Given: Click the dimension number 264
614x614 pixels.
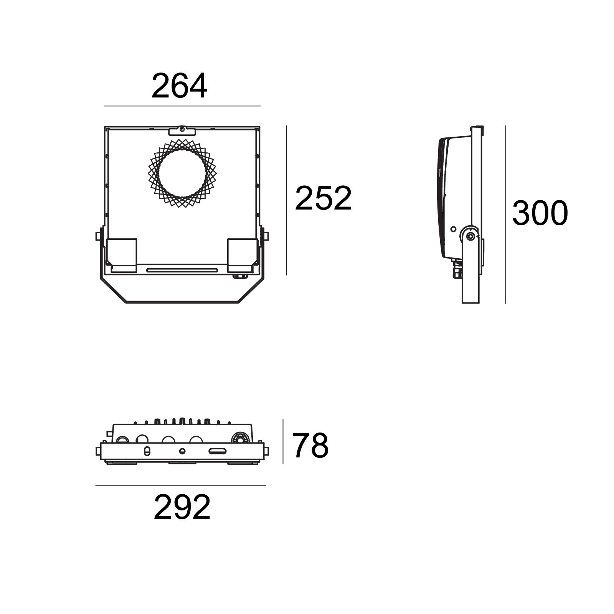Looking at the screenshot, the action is pyautogui.click(x=179, y=86).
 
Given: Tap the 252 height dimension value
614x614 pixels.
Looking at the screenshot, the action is pyautogui.click(x=323, y=198).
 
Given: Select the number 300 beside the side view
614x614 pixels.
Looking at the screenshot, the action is pyautogui.click(x=540, y=213).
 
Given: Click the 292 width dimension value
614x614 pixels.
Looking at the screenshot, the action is pyautogui.click(x=182, y=507).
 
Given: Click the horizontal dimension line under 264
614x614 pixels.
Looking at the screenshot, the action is pyautogui.click(x=182, y=106).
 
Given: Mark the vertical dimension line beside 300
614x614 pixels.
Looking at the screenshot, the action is pyautogui.click(x=505, y=215).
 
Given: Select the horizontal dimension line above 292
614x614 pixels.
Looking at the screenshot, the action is pyautogui.click(x=181, y=486).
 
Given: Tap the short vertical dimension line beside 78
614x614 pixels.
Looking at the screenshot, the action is pyautogui.click(x=283, y=442).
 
